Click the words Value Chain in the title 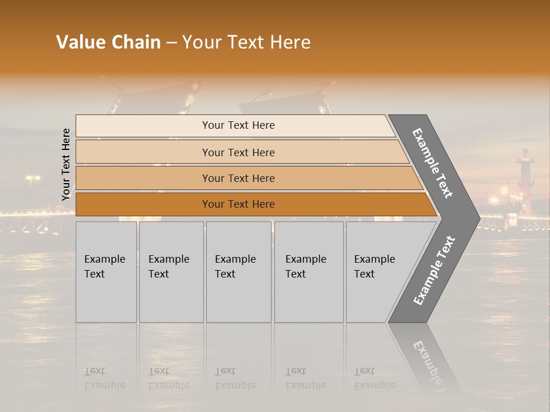tap(108, 42)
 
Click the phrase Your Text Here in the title tap(246, 42)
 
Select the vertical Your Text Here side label tap(66, 164)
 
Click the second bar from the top tap(238, 152)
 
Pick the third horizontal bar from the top tap(238, 178)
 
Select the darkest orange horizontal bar tap(238, 204)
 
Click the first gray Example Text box tap(106, 272)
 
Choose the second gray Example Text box tap(171, 272)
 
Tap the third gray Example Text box tap(238, 272)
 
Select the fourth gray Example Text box tap(308, 272)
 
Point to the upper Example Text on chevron tap(433, 163)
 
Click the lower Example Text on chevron tap(434, 270)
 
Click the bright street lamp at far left tap(32, 179)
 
